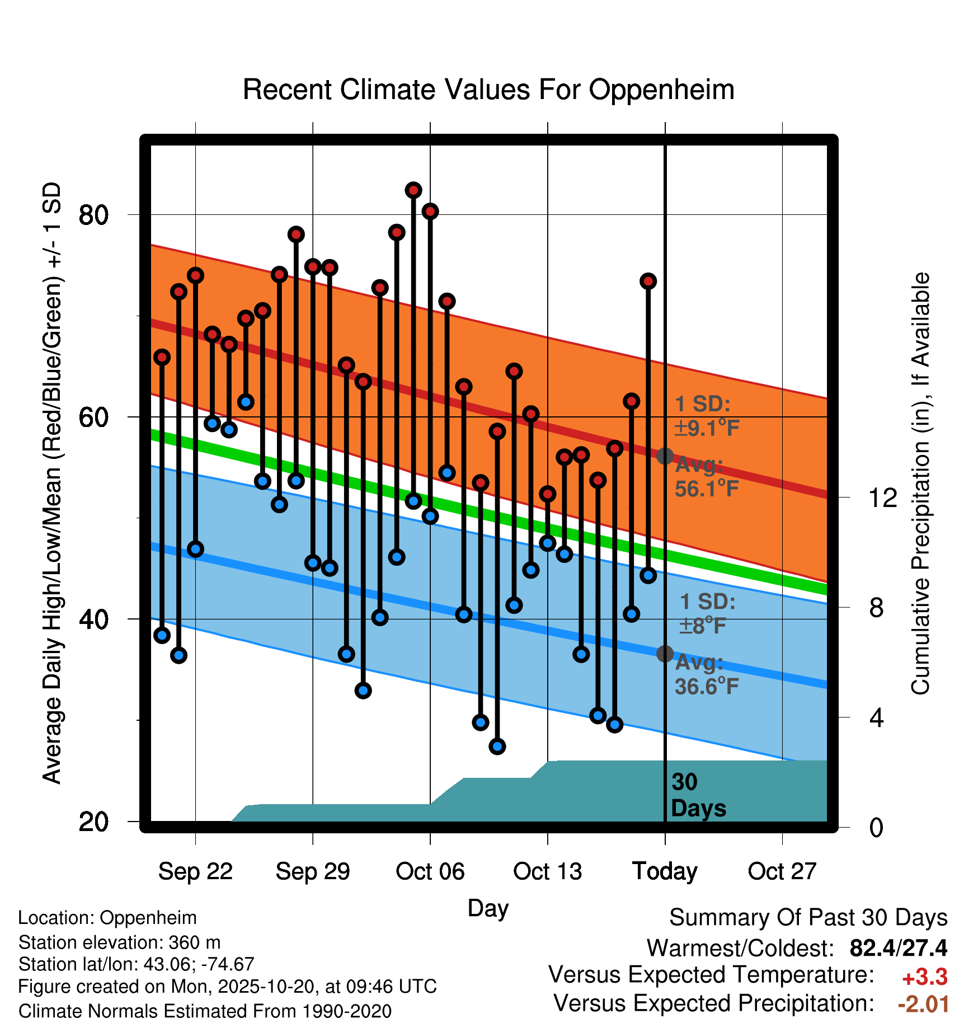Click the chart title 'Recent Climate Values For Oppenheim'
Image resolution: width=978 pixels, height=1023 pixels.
coord(488,90)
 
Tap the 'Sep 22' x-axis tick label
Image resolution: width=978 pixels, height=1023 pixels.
coord(195,871)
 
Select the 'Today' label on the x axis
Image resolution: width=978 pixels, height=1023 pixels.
coord(665,871)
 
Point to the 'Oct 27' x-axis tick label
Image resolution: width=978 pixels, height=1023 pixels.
coord(782,871)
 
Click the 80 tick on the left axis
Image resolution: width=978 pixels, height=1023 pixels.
coord(93,215)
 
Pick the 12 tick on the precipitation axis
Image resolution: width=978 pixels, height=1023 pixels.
coord(883,498)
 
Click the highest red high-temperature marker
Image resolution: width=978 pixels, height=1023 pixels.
coord(413,190)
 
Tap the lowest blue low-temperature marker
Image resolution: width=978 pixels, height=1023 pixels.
coord(497,746)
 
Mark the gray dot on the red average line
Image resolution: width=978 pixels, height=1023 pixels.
coord(665,456)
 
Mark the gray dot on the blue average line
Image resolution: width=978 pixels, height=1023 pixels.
coord(665,654)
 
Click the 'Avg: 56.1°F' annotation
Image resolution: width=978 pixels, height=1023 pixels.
coord(706,477)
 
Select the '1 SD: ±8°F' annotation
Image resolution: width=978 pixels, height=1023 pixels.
coord(707,613)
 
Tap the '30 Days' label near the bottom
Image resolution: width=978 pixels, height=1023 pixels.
coord(698,795)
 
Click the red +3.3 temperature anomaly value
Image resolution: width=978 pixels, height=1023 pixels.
coord(924,977)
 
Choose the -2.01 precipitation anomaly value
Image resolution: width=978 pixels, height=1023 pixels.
coord(923,1004)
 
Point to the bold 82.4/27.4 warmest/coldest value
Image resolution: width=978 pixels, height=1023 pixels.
coord(898,948)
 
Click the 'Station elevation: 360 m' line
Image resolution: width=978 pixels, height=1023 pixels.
coord(119,942)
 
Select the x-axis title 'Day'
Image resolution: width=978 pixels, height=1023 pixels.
coord(488,908)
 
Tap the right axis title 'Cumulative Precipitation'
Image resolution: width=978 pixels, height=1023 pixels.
coord(920,484)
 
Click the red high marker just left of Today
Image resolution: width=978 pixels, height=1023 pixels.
coord(648,281)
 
